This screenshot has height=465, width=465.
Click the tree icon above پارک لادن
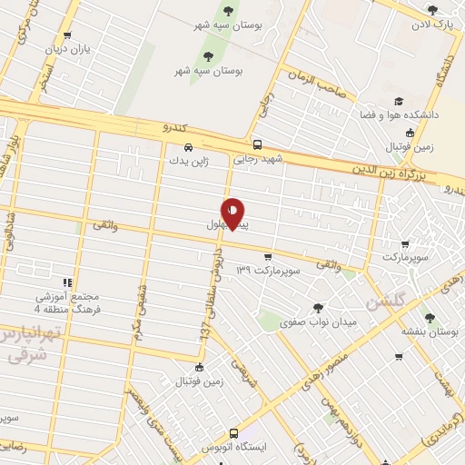coord(432,10)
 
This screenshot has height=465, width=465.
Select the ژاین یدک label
coord(187,161)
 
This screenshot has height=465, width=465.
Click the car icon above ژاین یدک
coord(187,147)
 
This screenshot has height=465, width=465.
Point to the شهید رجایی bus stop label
coord(257,158)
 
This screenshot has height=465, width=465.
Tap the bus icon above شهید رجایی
coord(257,144)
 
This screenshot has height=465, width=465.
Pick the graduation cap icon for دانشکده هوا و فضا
coord(397,102)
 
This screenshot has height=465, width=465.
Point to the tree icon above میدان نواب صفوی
coord(317,307)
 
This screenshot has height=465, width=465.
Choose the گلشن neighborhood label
coord(386,301)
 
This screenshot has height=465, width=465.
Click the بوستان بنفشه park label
coord(430,332)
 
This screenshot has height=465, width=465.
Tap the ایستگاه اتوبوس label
coord(233,449)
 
